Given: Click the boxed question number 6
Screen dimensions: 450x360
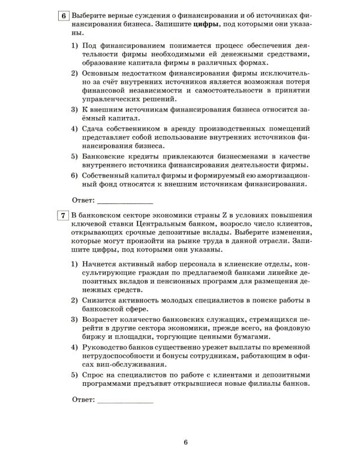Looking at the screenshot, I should [64, 14].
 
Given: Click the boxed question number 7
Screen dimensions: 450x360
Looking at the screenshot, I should [64, 216].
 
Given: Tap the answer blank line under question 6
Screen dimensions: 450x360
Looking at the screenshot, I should [125, 199].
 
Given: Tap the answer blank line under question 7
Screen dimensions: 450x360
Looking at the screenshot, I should [125, 400].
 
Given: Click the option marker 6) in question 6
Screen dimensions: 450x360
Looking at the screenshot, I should [75, 175].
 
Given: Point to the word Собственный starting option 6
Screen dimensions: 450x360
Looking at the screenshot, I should [108, 175].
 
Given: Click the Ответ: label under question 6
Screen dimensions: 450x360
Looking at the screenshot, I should [83, 199].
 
